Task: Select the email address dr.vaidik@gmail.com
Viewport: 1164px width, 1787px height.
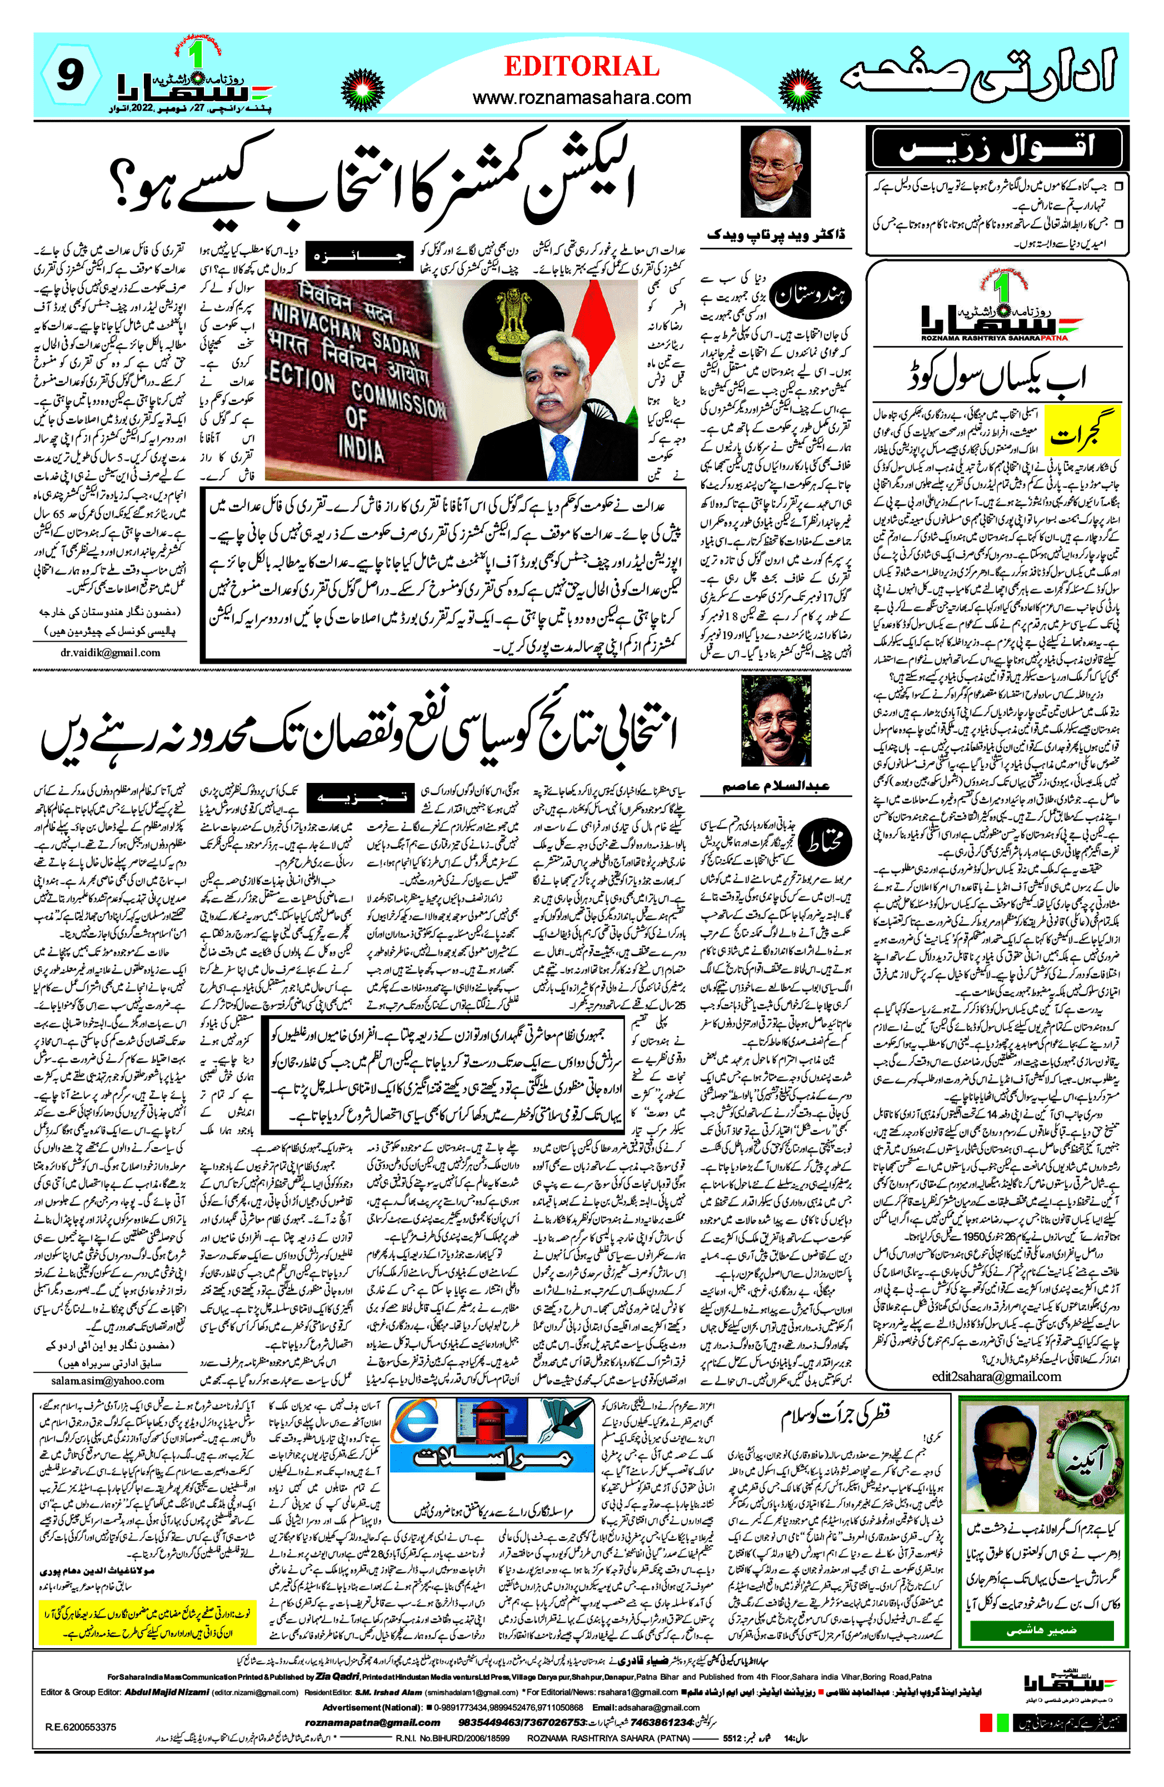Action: pyautogui.click(x=111, y=652)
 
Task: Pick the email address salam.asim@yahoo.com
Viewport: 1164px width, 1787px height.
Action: pyautogui.click(x=107, y=1380)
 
